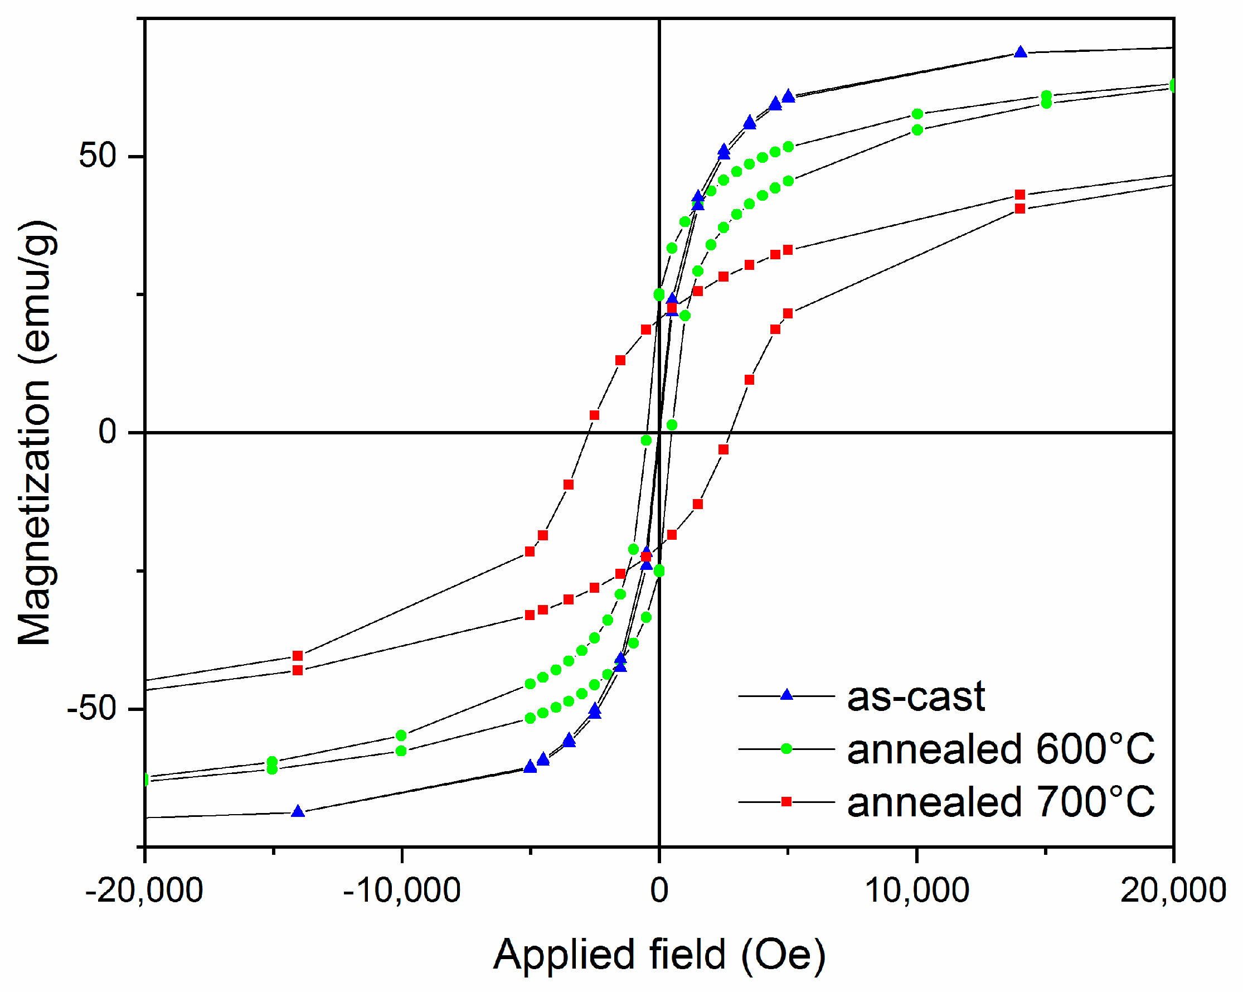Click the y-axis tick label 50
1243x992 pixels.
tap(98, 156)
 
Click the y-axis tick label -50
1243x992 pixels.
tap(91, 708)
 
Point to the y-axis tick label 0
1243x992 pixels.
tap(108, 432)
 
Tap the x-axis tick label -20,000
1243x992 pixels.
tap(144, 890)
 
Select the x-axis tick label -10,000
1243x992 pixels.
tap(402, 890)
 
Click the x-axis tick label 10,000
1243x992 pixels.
tap(917, 890)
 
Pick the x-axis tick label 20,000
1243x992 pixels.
tap(1173, 890)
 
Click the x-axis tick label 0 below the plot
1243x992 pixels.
tap(659, 890)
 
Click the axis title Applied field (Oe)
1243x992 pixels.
tap(659, 955)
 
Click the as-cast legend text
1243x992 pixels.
tap(916, 696)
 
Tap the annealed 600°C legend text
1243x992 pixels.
tap(1001, 749)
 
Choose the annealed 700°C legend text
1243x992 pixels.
tap(1001, 802)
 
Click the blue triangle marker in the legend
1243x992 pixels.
tap(786, 695)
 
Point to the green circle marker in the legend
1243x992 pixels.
tap(786, 749)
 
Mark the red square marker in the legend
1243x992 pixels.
tap(786, 802)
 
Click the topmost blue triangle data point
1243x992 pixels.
tap(1021, 52)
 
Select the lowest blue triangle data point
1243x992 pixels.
tap(298, 811)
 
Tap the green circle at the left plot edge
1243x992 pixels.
tap(145, 780)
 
